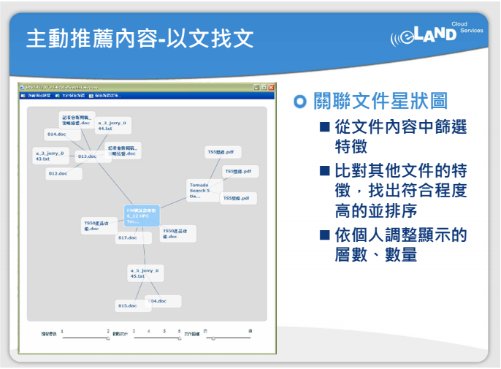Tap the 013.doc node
[x=88, y=156]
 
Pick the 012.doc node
[x=58, y=173]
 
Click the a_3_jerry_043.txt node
[x=50, y=155]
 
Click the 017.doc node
[x=128, y=237]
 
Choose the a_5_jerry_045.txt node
[x=144, y=273]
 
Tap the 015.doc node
[x=128, y=305]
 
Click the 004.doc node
[x=159, y=301]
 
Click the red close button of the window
[x=271, y=87]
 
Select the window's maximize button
[x=264, y=87]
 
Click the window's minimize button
[x=256, y=87]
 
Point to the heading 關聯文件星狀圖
[x=380, y=101]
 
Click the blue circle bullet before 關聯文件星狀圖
[x=299, y=101]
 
